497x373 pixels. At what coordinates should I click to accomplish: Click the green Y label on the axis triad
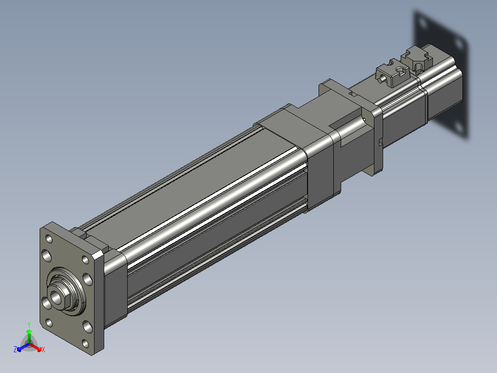[x=29, y=325]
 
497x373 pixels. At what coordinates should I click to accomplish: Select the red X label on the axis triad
[x=43, y=349]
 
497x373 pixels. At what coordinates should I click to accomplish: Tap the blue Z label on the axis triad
[x=15, y=349]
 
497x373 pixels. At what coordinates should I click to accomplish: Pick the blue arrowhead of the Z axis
[x=19, y=349]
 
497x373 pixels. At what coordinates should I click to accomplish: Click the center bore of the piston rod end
[x=56, y=297]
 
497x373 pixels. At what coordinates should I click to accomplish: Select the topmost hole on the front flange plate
[x=49, y=238]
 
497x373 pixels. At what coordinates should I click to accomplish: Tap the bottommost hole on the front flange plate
[x=85, y=343]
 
